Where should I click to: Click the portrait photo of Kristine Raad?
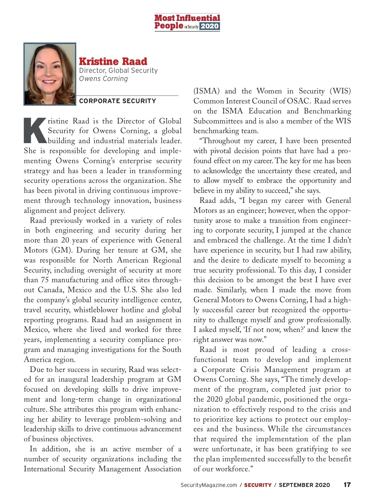coord(50,74)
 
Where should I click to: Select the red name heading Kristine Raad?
coord(113,61)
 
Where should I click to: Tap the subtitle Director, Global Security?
coord(118,71)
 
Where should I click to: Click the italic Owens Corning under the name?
coord(103,78)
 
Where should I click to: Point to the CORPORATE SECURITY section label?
coord(117,101)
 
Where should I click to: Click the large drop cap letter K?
coord(35,130)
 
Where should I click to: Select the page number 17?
coord(347,485)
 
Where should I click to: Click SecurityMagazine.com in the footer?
coord(209,485)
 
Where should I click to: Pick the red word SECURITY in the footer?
coord(258,485)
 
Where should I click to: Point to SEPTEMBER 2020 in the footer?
coord(304,485)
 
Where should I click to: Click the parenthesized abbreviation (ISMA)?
coord(207,91)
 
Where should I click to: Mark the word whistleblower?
coord(100,310)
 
